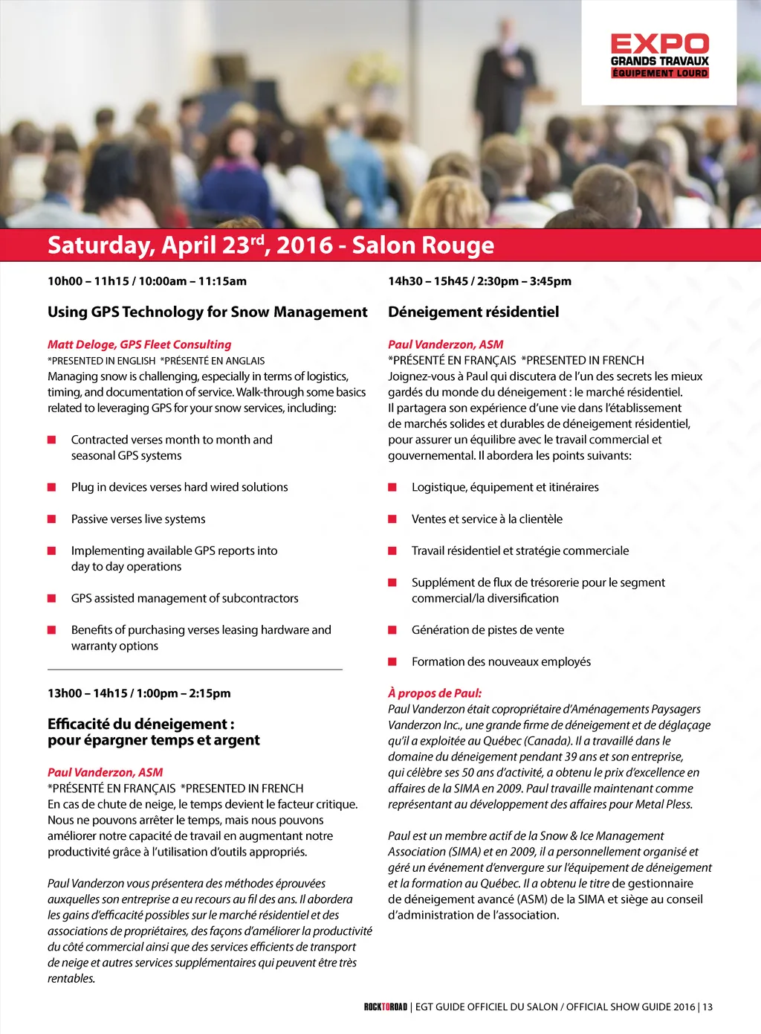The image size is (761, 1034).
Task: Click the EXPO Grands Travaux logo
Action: [659, 55]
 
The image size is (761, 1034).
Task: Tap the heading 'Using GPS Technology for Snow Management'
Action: [207, 312]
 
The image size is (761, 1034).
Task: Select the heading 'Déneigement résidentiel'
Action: [473, 312]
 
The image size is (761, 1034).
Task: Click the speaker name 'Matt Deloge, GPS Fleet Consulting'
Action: [140, 344]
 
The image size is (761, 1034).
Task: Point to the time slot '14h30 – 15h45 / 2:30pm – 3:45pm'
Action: [479, 281]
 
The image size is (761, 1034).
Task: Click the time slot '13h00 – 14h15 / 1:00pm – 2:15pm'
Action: [139, 693]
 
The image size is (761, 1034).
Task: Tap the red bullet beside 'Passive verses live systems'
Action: [52, 519]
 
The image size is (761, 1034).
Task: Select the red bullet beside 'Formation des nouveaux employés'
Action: [392, 661]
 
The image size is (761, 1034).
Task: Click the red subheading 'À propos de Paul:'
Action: [435, 693]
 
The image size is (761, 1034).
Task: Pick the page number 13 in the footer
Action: [707, 1007]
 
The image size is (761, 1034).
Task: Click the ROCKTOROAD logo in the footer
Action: [386, 1007]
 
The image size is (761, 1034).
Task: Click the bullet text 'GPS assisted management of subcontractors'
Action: [185, 598]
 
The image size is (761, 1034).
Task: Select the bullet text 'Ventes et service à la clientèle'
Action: [487, 519]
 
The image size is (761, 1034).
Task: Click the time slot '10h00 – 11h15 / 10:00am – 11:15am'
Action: [147, 281]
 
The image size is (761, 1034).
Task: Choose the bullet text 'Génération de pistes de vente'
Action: [488, 630]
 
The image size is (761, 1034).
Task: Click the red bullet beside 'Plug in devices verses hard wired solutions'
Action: [52, 487]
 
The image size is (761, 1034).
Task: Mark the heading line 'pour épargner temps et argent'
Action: [154, 740]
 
